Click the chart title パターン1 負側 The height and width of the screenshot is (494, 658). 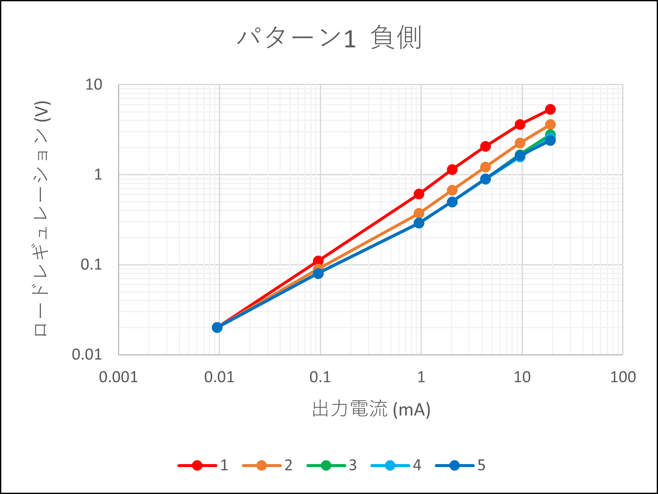(329, 38)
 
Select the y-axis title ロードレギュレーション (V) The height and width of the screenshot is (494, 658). (42, 219)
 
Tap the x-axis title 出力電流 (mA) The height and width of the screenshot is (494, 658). (371, 409)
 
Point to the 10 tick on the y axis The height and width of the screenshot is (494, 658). (94, 85)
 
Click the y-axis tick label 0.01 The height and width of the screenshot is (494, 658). (87, 355)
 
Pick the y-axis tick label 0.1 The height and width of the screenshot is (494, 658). (91, 264)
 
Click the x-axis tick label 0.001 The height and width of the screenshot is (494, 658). (118, 377)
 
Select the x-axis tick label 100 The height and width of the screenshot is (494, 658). (623, 377)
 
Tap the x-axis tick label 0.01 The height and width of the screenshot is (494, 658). (219, 377)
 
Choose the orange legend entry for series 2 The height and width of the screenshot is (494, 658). (267, 465)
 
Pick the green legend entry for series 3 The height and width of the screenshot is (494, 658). (332, 465)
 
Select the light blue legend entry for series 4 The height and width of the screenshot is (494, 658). (396, 465)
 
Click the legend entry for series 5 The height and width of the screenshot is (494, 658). (460, 465)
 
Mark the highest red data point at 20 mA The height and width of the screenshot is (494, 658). (550, 109)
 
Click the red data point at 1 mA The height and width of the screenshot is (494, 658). (419, 194)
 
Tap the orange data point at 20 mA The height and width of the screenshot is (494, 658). (550, 125)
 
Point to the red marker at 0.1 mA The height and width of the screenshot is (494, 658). (318, 261)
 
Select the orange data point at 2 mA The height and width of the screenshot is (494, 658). (452, 190)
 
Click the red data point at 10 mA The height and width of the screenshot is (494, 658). (520, 125)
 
